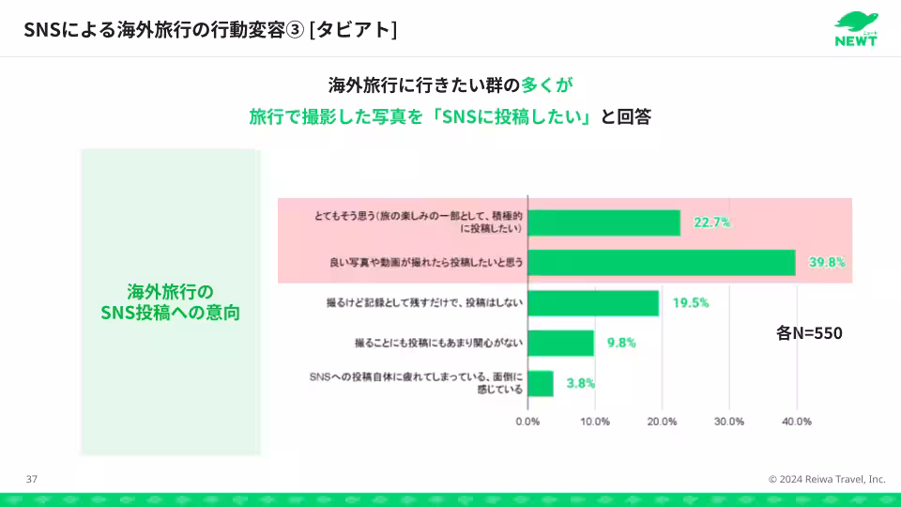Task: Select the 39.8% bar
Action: (662, 263)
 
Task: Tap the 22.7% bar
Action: (604, 223)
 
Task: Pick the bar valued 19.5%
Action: (593, 302)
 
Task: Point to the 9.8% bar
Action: (561, 343)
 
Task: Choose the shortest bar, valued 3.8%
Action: (541, 383)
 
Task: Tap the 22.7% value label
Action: (711, 223)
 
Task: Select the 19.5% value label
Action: (690, 302)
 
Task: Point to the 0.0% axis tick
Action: (527, 422)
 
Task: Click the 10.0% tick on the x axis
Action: (595, 422)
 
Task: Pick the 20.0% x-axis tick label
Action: (663, 422)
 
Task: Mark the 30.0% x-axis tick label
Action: (729, 422)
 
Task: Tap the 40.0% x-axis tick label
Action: (797, 422)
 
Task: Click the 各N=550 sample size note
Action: (809, 332)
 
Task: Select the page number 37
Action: (32, 479)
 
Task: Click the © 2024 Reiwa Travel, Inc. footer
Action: (826, 479)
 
